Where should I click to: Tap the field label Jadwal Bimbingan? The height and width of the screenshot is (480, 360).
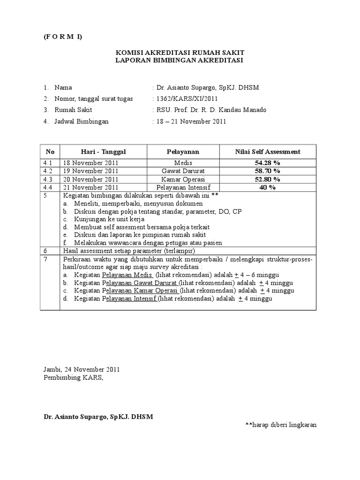point(82,121)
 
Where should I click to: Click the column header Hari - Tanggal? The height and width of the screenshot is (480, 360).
point(104,151)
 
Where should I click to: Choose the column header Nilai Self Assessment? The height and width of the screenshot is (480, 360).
point(267,151)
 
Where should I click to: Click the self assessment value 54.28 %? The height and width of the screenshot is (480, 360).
point(267,163)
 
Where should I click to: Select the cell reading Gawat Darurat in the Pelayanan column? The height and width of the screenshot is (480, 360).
point(183,171)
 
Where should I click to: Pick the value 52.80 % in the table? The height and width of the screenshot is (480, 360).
point(267,179)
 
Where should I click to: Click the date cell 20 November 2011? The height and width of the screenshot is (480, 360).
point(89,179)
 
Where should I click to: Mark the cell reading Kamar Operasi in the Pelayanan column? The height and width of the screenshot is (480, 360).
point(183,179)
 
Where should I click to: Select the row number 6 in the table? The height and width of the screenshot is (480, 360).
point(46,251)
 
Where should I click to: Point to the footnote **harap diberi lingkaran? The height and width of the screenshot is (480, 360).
point(281,425)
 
